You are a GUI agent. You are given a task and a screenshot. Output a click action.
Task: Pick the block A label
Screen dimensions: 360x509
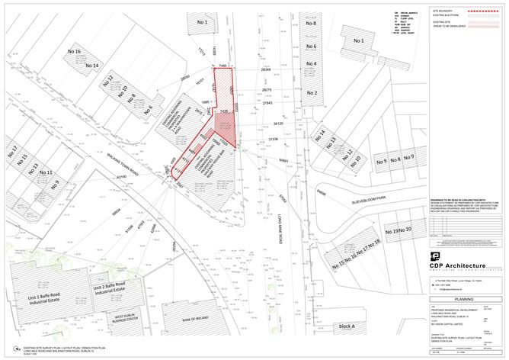(347, 326)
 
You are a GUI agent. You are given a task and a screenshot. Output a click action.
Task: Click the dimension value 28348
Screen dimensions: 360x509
(266, 69)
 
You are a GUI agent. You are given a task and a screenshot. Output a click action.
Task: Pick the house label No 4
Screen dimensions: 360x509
(311, 63)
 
